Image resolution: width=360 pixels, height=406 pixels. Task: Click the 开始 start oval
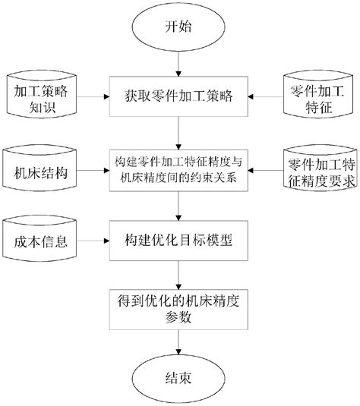tap(178, 28)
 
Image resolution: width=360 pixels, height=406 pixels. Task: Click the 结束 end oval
tap(178, 377)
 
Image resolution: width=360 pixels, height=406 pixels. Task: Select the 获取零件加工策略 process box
tap(178, 96)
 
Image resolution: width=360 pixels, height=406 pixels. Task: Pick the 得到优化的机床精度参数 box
tap(178, 308)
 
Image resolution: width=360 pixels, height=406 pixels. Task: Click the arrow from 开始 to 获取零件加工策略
tap(178, 62)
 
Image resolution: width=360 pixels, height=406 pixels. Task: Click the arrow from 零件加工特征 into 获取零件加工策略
tap(264, 97)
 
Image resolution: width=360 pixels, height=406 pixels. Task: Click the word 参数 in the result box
tap(178, 316)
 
